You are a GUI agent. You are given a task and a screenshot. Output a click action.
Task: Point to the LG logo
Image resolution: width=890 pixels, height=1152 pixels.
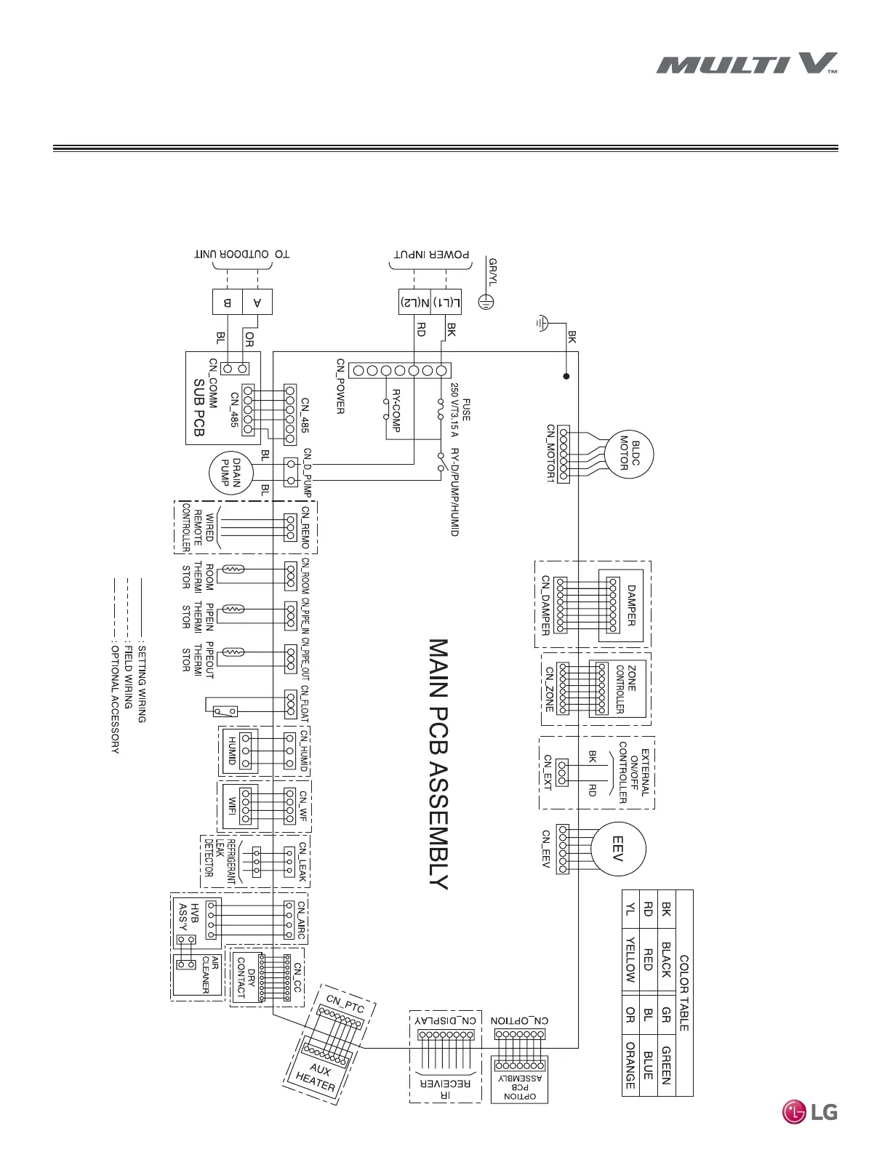tap(809, 1111)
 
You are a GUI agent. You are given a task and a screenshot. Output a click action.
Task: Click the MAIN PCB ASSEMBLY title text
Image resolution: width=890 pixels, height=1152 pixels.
tap(438, 764)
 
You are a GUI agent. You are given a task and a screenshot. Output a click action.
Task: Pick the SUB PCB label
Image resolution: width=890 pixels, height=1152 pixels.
tap(199, 407)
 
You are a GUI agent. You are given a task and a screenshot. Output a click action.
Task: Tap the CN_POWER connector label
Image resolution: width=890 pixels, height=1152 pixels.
tap(340, 385)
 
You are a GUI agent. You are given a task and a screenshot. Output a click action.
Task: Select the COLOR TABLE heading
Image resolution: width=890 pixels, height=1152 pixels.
tap(683, 993)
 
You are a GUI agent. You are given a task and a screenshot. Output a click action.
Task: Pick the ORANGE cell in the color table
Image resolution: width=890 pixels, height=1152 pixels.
tap(630, 1065)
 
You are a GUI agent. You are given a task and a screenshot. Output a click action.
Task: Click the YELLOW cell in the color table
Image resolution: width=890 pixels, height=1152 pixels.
tap(630, 959)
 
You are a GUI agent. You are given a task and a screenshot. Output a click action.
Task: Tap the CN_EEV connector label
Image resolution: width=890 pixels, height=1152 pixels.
tap(546, 849)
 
